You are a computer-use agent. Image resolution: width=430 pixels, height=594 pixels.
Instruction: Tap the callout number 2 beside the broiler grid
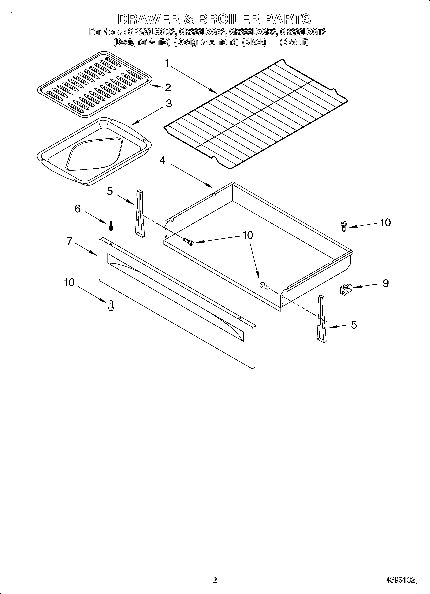point(168,88)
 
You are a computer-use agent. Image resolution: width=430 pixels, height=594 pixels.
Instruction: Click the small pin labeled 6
point(111,226)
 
